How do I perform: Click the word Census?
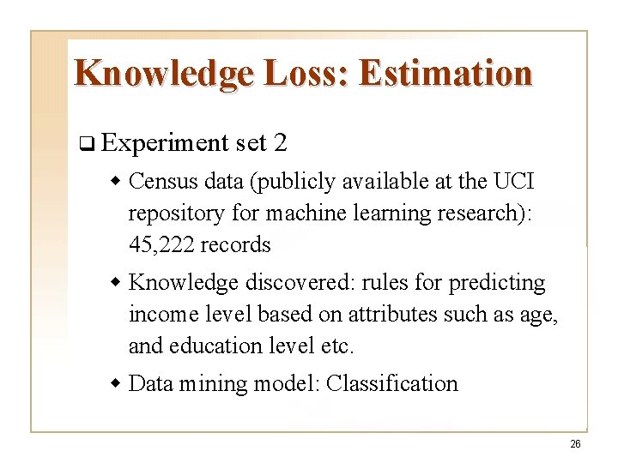pos(163,182)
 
